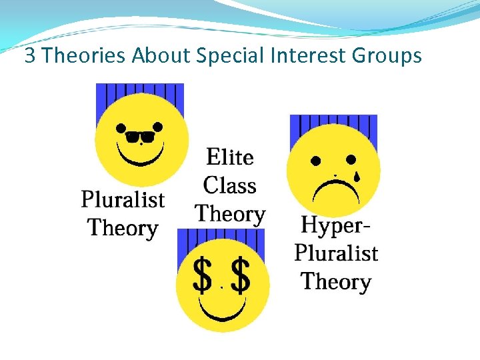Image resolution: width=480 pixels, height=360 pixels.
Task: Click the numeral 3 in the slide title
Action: point(30,55)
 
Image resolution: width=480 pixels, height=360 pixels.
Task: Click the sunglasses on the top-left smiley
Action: point(139,137)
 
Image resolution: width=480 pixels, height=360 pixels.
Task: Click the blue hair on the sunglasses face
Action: point(139,97)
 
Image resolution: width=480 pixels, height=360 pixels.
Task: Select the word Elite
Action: point(230,157)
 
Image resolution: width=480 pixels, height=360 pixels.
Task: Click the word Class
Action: point(230,185)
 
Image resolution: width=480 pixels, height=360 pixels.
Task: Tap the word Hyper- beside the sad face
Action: point(335,225)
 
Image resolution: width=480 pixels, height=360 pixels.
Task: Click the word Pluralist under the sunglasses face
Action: point(123,199)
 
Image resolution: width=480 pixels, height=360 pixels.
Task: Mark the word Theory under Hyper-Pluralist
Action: point(335,281)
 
